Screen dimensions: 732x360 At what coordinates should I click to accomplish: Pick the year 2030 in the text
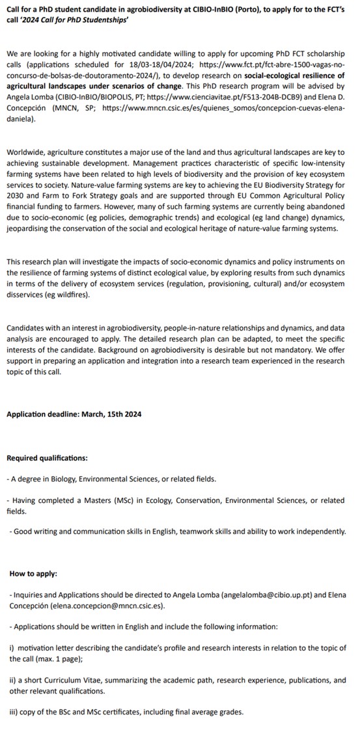17,196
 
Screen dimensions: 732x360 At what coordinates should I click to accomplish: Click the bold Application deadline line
74,414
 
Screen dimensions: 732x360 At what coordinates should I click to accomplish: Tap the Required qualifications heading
47,458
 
